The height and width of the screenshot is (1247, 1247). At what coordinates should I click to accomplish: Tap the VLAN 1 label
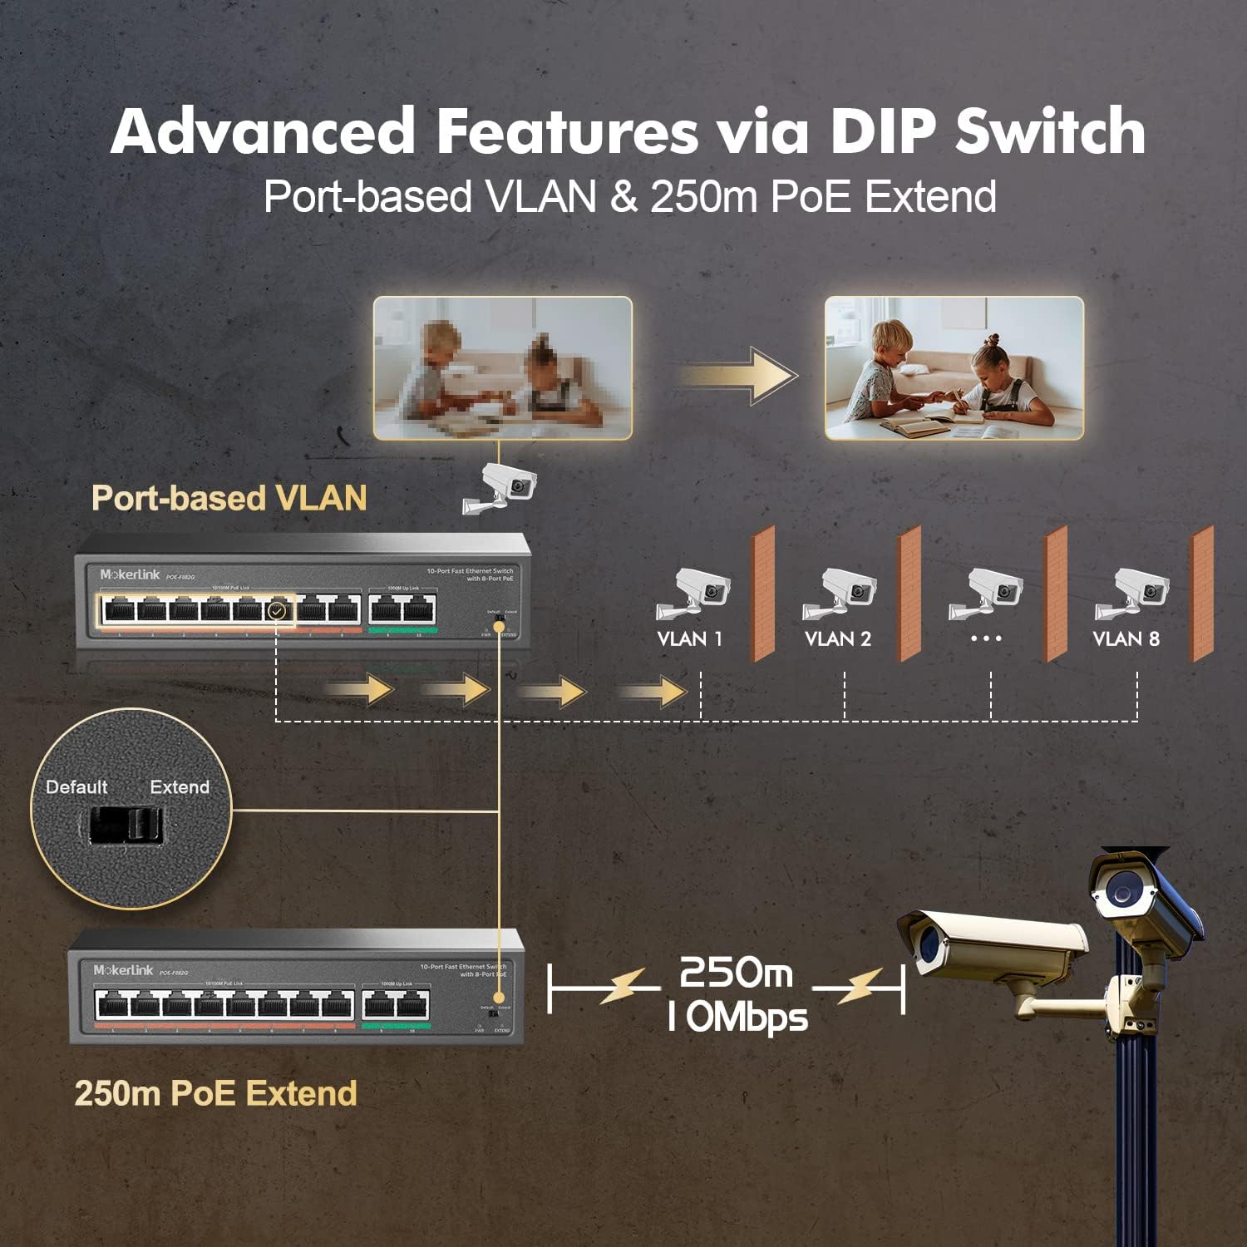click(689, 638)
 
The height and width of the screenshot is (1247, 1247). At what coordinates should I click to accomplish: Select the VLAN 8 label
click(1126, 638)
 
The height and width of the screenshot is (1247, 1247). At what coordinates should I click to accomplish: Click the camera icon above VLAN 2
click(839, 594)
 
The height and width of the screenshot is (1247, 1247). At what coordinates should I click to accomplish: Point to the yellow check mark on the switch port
click(278, 611)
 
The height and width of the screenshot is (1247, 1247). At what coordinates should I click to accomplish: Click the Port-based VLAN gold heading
click(229, 498)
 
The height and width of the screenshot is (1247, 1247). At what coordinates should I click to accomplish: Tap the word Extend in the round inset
click(180, 786)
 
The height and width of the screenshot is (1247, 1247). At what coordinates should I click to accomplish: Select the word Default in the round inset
click(76, 786)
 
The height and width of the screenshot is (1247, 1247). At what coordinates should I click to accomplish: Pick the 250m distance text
click(736, 972)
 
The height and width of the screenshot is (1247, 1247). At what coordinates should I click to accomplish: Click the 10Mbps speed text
click(737, 1017)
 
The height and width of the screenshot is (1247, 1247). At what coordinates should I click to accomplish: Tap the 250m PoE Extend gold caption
click(215, 1093)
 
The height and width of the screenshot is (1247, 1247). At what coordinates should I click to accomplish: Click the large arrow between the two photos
click(738, 376)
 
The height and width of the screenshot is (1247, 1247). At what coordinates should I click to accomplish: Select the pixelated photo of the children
click(502, 367)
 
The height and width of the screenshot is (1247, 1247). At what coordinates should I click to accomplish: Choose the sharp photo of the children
click(954, 367)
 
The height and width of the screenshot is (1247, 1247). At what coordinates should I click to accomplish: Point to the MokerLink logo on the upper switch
click(130, 574)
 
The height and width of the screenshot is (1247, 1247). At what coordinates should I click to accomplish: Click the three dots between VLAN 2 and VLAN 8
click(986, 638)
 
